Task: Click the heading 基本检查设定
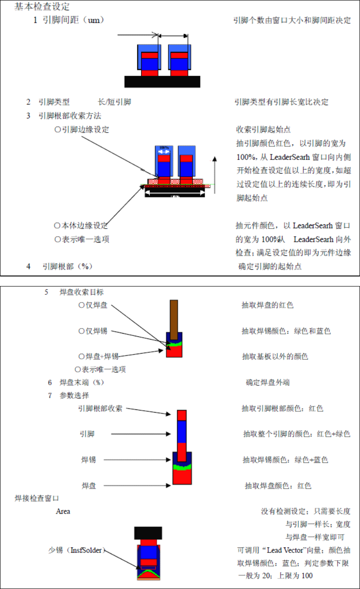tap(42, 7)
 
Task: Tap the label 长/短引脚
tap(114, 102)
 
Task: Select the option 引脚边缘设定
tap(82, 129)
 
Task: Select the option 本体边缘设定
tap(81, 225)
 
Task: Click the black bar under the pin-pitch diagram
tap(162, 81)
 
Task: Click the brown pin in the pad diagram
tap(174, 316)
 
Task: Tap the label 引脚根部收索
tap(100, 409)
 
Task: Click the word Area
tap(63, 511)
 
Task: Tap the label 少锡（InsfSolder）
tap(77, 550)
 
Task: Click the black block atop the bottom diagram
tap(148, 532)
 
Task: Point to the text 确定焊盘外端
tap(268, 382)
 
